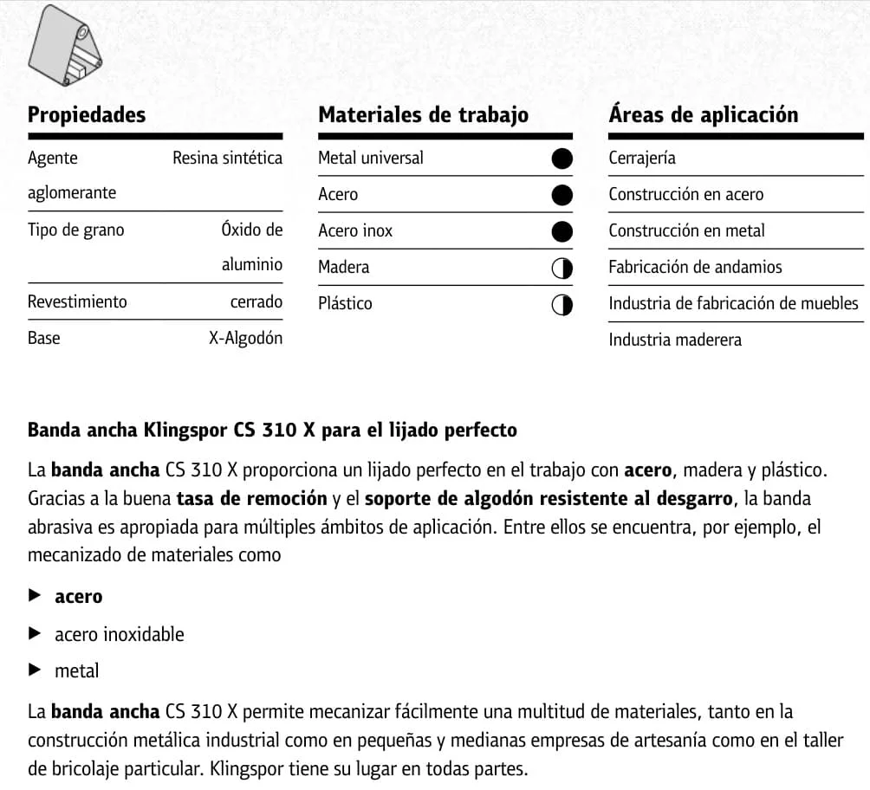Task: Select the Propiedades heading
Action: click(87, 115)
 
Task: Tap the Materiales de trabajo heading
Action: click(423, 115)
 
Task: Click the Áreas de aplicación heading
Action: click(703, 115)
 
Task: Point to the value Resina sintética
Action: click(227, 159)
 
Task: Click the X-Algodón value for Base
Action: click(245, 339)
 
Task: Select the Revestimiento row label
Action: click(77, 302)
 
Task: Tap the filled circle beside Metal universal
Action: click(562, 159)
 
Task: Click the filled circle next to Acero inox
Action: click(562, 231)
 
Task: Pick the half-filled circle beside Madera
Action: click(562, 269)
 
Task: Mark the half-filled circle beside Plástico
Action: click(562, 305)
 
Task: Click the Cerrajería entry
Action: click(642, 159)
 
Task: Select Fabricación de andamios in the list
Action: click(695, 268)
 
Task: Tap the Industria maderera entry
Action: click(675, 340)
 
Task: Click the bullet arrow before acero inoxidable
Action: click(35, 633)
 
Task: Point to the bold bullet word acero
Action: click(79, 597)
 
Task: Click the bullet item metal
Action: click(77, 670)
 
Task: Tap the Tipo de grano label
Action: click(76, 230)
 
